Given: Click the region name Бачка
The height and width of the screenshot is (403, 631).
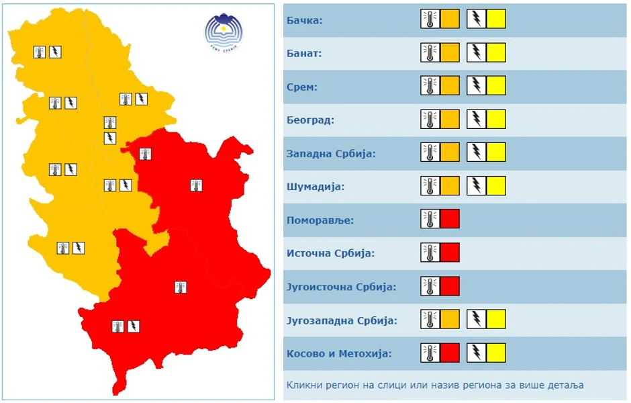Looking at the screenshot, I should coord(305,20).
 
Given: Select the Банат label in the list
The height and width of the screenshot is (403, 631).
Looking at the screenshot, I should coord(304,53).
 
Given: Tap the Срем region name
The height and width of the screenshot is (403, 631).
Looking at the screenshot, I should coord(302,87).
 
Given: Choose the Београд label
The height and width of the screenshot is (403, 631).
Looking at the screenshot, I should coord(310,120).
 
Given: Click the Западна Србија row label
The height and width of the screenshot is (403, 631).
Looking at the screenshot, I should coord(331,153).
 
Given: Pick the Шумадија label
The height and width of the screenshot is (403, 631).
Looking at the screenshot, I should coord(315,187).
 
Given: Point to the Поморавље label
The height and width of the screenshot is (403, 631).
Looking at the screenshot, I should coord(320,220).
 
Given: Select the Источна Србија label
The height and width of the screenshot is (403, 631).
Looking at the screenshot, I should coord(330,253).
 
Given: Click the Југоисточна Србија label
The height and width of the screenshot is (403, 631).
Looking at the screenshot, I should coord(341,287).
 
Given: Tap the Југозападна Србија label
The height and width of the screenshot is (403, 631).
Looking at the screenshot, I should coord(342,320).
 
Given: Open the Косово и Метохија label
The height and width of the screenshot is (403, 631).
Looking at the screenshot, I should coord(339,353).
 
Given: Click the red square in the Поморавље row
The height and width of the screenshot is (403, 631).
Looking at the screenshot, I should coord(450,219).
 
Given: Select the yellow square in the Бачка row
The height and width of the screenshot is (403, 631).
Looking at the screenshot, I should coord(496,19).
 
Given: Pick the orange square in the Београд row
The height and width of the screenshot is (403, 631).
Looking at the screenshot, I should coord(450,119).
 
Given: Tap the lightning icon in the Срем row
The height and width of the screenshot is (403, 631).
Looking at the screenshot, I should coord(476,86).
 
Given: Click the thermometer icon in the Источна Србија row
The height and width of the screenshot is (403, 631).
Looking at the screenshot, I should coord(430,253).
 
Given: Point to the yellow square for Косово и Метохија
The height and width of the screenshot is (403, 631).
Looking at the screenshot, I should coord(496,353).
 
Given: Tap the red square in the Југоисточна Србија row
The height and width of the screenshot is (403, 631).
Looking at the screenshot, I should coord(450,286).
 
